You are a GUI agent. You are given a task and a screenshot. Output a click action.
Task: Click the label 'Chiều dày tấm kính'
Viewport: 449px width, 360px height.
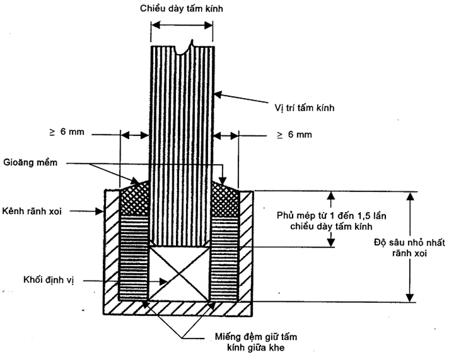(181, 8)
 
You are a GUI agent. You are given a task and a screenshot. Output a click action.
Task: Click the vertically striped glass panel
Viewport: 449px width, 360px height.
(181, 143)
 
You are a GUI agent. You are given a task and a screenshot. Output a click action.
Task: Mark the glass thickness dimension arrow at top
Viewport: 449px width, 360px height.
(181, 26)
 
